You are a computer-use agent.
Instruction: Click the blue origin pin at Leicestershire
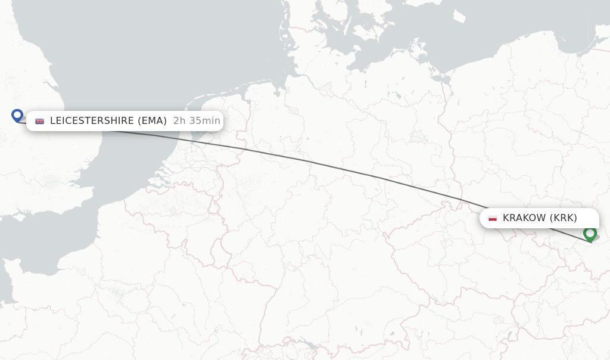pyautogui.click(x=17, y=114)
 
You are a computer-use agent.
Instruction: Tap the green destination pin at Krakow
pyautogui.click(x=590, y=233)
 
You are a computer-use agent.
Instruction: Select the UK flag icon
pyautogui.click(x=40, y=121)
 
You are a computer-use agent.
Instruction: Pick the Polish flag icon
pyautogui.click(x=493, y=218)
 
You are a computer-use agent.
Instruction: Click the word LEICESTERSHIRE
pyautogui.click(x=91, y=121)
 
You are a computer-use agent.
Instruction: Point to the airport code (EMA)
pyautogui.click(x=152, y=121)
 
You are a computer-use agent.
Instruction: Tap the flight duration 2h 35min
pyautogui.click(x=197, y=121)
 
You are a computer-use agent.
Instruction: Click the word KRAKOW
pyautogui.click(x=524, y=218)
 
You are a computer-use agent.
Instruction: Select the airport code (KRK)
pyautogui.click(x=563, y=218)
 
